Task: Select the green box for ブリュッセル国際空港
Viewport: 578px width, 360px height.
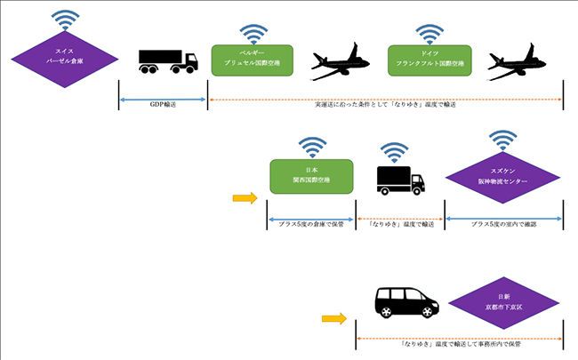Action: [x=253, y=60]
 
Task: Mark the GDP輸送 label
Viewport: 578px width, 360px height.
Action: [x=162, y=104]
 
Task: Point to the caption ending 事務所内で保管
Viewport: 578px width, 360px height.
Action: [x=458, y=342]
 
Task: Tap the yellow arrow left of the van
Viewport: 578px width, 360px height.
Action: [x=333, y=317]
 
